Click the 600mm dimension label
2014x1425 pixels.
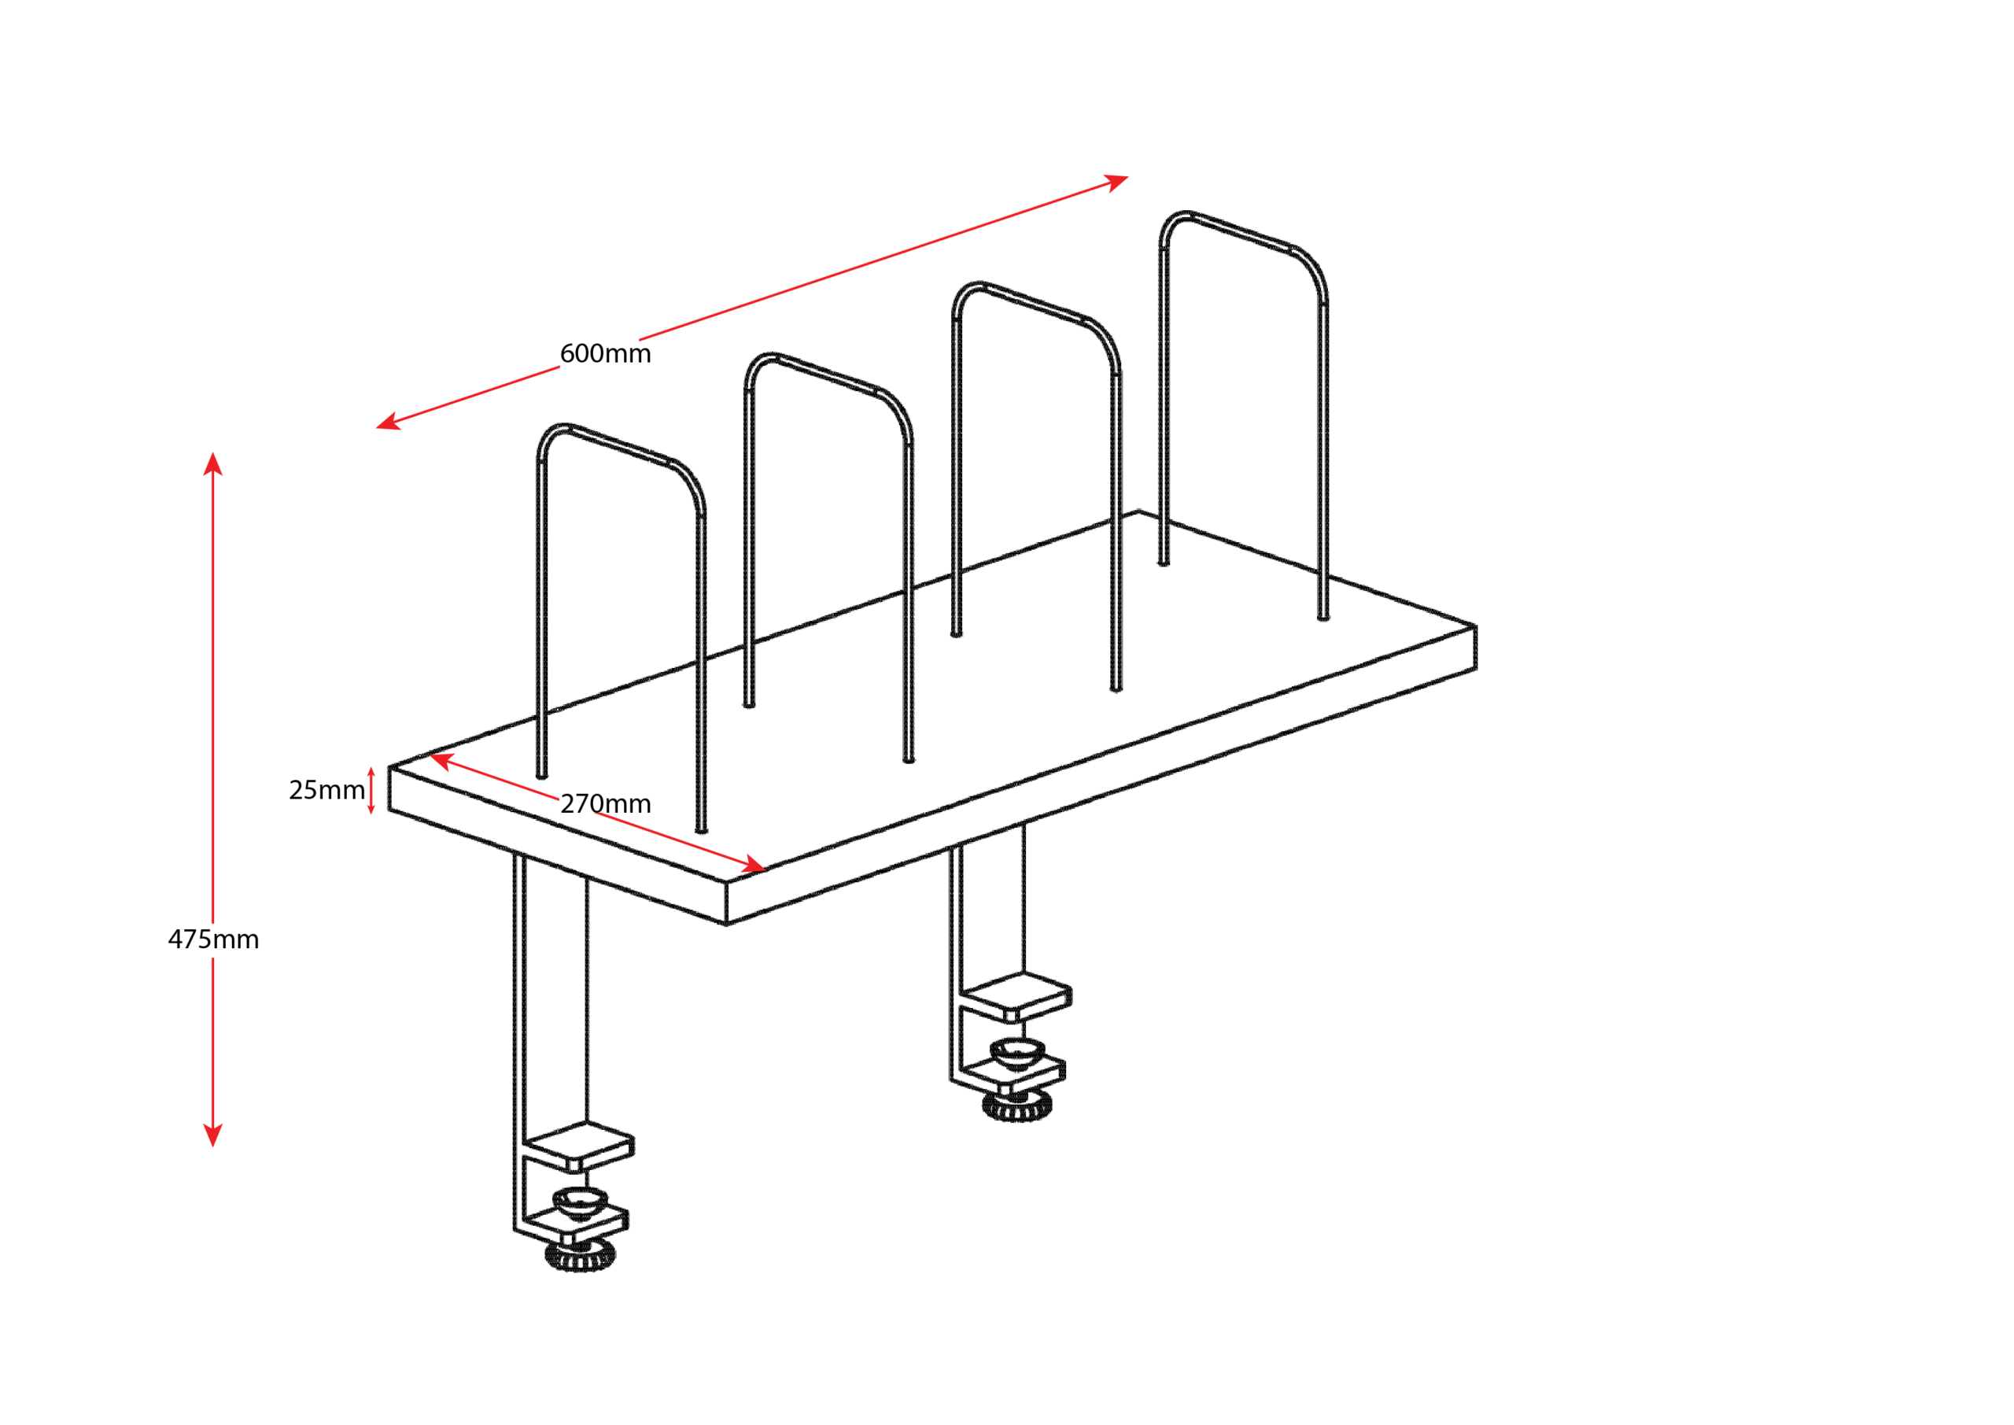click(605, 353)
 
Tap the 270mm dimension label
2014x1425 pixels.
click(605, 803)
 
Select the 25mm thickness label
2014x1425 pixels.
click(326, 790)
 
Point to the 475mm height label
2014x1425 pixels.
click(213, 940)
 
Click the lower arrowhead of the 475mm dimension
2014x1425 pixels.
click(213, 1135)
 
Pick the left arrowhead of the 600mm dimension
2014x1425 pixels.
click(389, 423)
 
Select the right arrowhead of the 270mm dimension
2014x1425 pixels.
click(755, 863)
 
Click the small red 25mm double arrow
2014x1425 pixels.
click(371, 791)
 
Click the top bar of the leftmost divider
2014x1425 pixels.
click(620, 444)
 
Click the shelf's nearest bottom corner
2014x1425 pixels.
click(726, 925)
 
